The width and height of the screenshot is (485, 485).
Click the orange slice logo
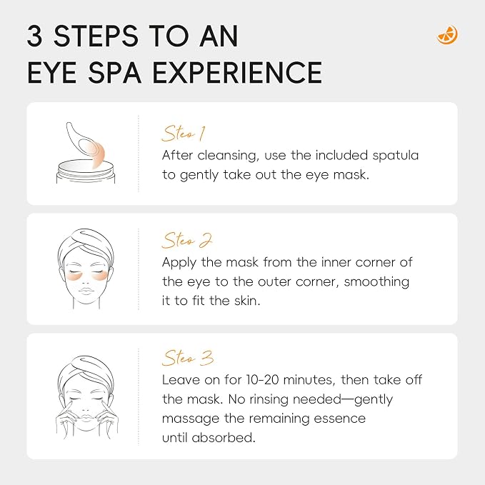[447, 34]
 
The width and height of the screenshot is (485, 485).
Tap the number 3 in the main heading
[34, 36]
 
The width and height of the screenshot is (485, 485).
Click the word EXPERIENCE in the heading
[237, 72]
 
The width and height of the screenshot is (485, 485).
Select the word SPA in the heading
[115, 72]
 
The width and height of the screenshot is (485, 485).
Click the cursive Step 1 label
[184, 134]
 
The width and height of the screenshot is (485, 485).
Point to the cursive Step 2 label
[187, 240]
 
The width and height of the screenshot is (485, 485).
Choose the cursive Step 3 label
[188, 358]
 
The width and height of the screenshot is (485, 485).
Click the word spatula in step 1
[395, 156]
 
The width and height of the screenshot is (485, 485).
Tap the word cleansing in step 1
[229, 156]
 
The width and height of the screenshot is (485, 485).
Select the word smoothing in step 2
[376, 282]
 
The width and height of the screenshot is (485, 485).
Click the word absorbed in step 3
[224, 437]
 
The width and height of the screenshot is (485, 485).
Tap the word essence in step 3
[339, 419]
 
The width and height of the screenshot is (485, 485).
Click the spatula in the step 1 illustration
[86, 145]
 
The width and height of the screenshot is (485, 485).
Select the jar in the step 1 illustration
[86, 171]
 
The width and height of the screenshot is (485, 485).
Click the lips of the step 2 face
[86, 291]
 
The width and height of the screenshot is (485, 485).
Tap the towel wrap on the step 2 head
[86, 245]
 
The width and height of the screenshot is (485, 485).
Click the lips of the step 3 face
[86, 414]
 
